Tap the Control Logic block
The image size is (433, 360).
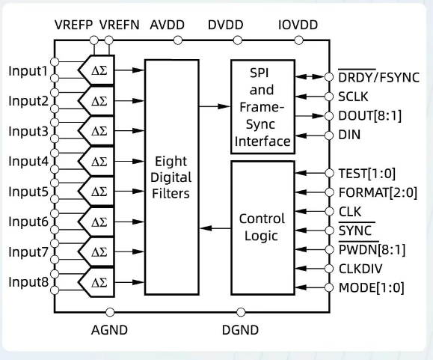261,228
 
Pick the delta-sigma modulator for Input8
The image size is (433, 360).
100,282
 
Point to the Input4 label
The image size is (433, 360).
28,161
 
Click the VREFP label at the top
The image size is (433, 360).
74,25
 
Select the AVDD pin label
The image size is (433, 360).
168,25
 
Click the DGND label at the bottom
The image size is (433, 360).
241,329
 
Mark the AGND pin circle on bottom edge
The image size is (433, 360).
110,311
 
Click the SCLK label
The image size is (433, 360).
354,97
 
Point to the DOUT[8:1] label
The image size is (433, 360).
367,116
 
